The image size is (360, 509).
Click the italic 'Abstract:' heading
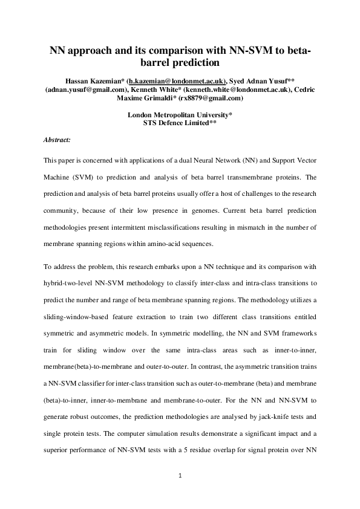point(57,140)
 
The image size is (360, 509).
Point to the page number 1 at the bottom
point(180,475)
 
